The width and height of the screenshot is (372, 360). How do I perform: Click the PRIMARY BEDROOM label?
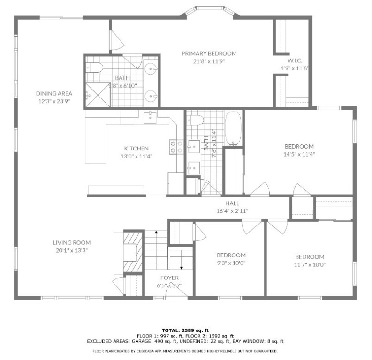point(209,53)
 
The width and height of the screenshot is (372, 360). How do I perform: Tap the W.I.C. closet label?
point(294,61)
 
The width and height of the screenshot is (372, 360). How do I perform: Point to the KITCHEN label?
point(136,149)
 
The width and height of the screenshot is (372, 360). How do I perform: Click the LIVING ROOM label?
point(71,243)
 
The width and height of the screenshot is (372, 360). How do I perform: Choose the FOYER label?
point(169,278)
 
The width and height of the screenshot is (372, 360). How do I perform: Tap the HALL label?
point(232,203)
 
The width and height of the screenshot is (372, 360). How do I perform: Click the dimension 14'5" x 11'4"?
point(298,154)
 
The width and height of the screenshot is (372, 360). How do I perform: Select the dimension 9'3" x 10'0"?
point(231,262)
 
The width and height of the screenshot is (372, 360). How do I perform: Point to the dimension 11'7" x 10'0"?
point(310,264)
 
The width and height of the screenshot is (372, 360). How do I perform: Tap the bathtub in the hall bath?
point(233,127)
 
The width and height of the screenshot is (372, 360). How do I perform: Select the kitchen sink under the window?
point(150,117)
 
